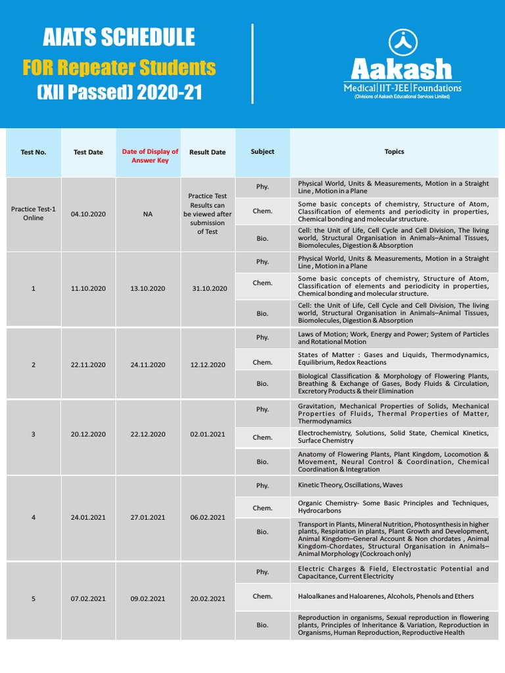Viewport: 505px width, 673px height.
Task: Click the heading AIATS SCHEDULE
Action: (119, 37)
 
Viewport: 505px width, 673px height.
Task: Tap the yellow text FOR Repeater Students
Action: (119, 67)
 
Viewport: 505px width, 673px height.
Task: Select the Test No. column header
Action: (34, 152)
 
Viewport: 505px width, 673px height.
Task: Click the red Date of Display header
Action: (150, 156)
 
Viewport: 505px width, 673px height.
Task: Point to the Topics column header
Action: (394, 152)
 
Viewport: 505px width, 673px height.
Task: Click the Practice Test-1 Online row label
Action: (34, 214)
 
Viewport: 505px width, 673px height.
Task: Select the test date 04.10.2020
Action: (88, 214)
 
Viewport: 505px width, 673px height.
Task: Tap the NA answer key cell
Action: (148, 214)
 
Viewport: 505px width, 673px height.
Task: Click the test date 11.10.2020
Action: (88, 289)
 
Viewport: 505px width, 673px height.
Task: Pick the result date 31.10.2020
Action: (208, 289)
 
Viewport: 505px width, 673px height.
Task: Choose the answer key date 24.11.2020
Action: (148, 365)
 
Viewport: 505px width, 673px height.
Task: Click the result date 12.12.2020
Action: (208, 365)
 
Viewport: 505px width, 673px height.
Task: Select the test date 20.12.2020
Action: (88, 434)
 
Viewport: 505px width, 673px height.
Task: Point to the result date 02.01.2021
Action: (208, 434)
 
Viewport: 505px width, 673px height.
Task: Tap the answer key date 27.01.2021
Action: (148, 517)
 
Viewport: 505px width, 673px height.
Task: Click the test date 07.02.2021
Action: (88, 599)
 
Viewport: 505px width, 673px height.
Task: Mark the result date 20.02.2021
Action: (208, 599)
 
